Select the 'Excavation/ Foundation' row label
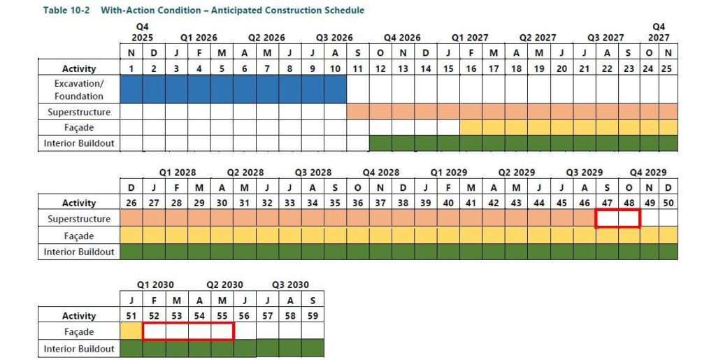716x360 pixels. tap(79, 89)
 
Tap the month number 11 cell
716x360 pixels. tap(358, 69)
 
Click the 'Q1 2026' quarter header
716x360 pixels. tap(199, 38)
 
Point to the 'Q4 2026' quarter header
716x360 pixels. tap(403, 38)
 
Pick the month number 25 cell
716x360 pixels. tap(668, 69)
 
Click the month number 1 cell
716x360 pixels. tap(131, 69)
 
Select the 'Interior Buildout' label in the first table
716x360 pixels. tap(79, 143)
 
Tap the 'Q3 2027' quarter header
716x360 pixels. tap(606, 38)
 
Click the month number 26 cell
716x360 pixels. tap(131, 203)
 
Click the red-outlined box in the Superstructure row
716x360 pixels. tap(617, 219)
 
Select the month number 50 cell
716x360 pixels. tap(668, 203)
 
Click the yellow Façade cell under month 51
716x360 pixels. tap(131, 331)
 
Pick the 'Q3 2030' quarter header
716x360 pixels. tap(289, 285)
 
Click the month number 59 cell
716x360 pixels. tap(313, 316)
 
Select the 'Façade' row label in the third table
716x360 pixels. tap(79, 332)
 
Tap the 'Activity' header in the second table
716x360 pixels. tap(79, 203)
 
